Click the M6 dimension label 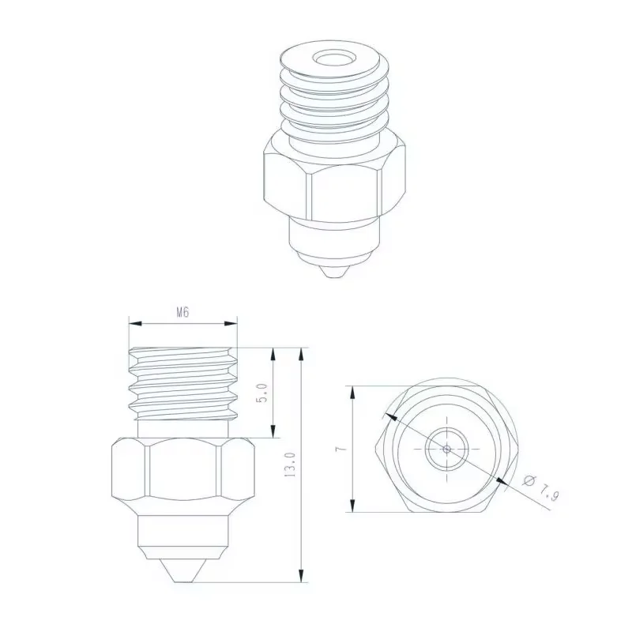(182, 312)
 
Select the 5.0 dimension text (264, 393)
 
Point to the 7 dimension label (338, 448)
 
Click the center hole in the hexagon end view (447, 449)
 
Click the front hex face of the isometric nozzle (345, 190)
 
